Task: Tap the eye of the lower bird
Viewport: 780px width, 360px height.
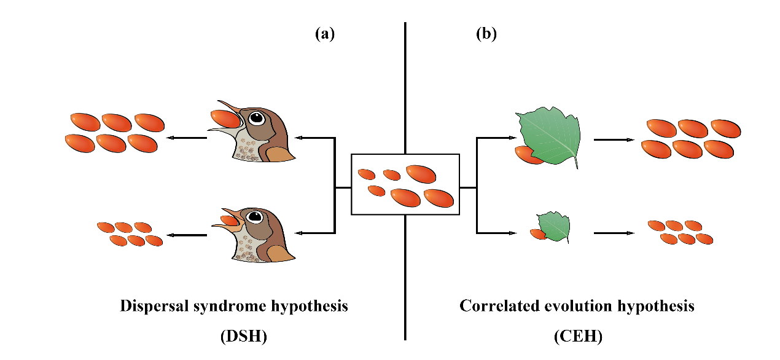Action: point(254,216)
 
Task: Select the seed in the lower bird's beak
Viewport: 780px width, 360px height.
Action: point(230,218)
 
